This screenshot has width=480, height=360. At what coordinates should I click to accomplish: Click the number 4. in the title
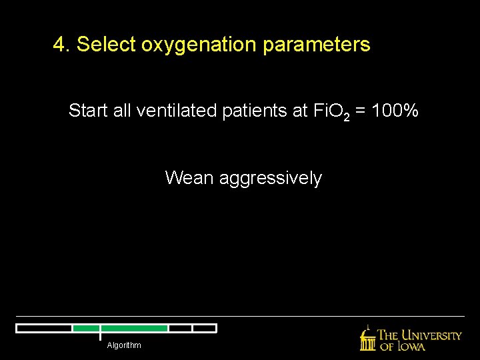click(62, 45)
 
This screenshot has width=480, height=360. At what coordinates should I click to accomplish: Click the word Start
click(89, 111)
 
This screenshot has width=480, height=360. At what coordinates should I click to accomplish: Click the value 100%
click(397, 111)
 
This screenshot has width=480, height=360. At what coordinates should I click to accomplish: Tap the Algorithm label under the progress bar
click(124, 345)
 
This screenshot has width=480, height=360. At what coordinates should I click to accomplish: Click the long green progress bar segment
click(134, 328)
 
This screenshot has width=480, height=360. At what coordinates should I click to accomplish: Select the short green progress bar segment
click(86, 328)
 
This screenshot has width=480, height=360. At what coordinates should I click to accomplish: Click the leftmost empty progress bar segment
click(44, 328)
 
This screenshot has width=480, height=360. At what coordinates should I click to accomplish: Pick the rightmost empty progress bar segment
click(204, 328)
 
